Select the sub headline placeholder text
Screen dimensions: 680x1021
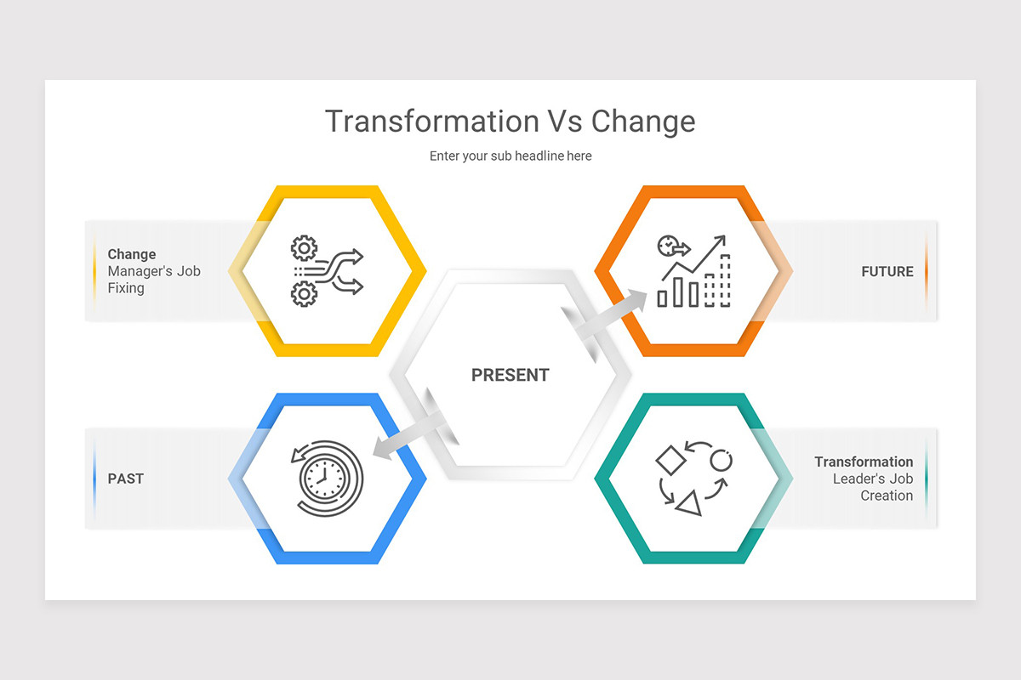[510, 156]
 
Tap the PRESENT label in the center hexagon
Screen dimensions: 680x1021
[510, 375]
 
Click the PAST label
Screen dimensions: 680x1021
[126, 479]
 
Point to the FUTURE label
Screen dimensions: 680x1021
[887, 272]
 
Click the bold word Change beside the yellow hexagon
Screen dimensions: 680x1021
[132, 254]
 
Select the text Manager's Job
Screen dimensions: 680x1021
[154, 271]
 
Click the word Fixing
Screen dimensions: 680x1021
[126, 288]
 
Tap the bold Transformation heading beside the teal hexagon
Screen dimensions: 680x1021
[864, 462]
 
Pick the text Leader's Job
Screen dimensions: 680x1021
[873, 479]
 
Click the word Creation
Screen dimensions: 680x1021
[887, 496]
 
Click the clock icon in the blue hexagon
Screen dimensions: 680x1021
[327, 477]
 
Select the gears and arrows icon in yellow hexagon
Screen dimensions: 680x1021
[327, 271]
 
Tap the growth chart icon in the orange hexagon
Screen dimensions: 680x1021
[693, 271]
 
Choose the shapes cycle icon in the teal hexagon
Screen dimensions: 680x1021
[693, 478]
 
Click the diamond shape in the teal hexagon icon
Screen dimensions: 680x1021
[670, 461]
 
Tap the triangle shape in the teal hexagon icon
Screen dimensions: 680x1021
[688, 504]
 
